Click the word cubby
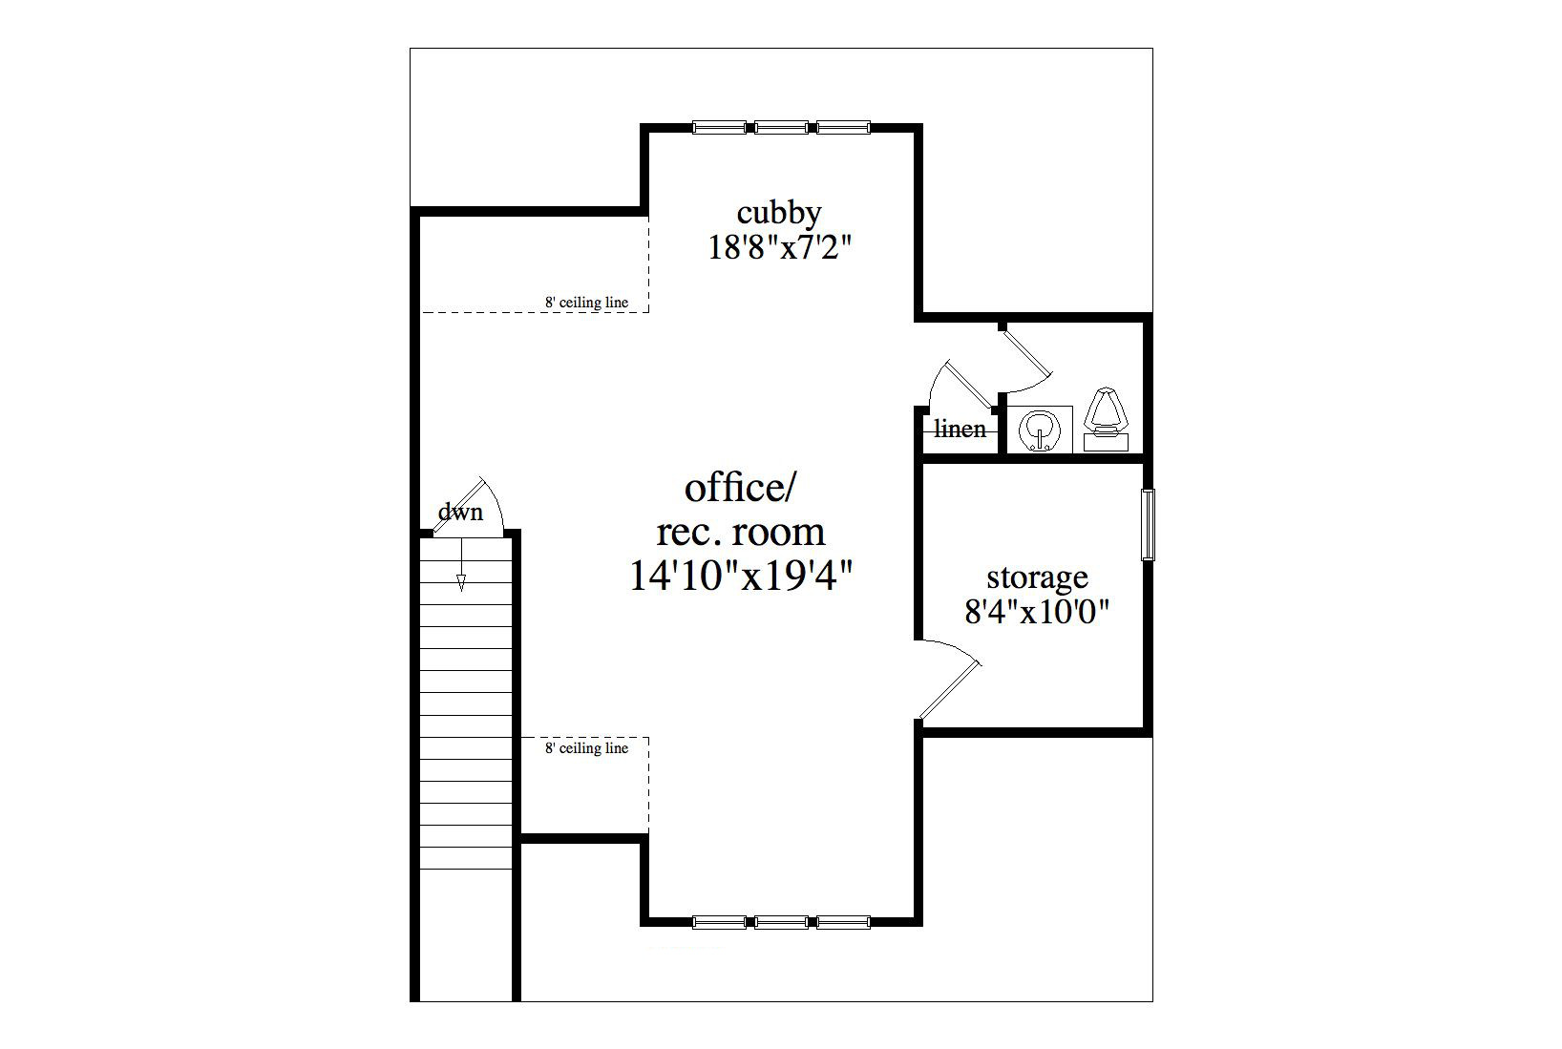click(x=779, y=213)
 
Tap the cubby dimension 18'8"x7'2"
click(x=780, y=247)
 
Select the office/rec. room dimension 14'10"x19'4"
click(x=741, y=577)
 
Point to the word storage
click(x=1037, y=577)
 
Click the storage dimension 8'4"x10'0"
click(x=1037, y=612)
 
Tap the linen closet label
click(x=960, y=429)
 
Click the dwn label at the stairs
click(x=459, y=513)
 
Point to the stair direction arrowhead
click(x=461, y=582)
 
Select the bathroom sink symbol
click(x=1040, y=430)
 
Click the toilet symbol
click(x=1106, y=420)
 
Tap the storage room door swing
click(x=949, y=679)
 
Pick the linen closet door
click(x=960, y=384)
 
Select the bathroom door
click(x=1025, y=363)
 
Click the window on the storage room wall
click(x=1147, y=525)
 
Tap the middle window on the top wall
click(x=781, y=128)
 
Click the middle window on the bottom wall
click(x=781, y=922)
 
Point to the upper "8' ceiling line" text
click(x=586, y=303)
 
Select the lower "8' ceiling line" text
click(x=586, y=748)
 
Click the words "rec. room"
click(x=741, y=532)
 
